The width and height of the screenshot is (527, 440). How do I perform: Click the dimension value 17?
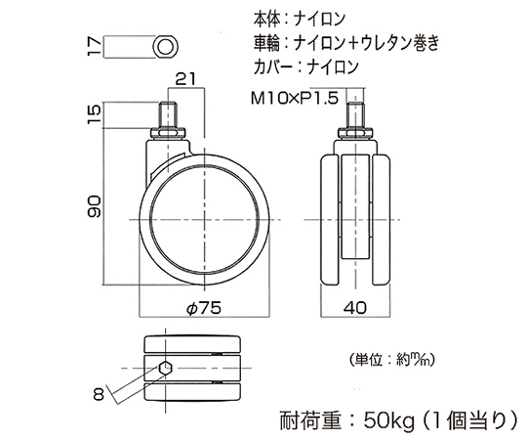click(94, 46)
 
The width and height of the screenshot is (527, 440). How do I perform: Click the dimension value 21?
click(185, 79)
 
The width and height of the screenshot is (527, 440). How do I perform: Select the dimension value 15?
click(95, 114)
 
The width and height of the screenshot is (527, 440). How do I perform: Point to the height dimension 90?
click(95, 206)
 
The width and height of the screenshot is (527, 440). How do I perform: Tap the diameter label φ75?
click(204, 308)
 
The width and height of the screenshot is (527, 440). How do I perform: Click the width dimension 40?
click(355, 308)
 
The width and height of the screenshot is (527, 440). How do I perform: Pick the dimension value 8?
click(100, 393)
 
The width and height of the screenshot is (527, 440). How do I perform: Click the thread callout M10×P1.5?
click(295, 99)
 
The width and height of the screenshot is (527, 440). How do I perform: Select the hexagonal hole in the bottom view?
click(165, 368)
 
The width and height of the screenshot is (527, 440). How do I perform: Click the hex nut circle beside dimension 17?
click(165, 47)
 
